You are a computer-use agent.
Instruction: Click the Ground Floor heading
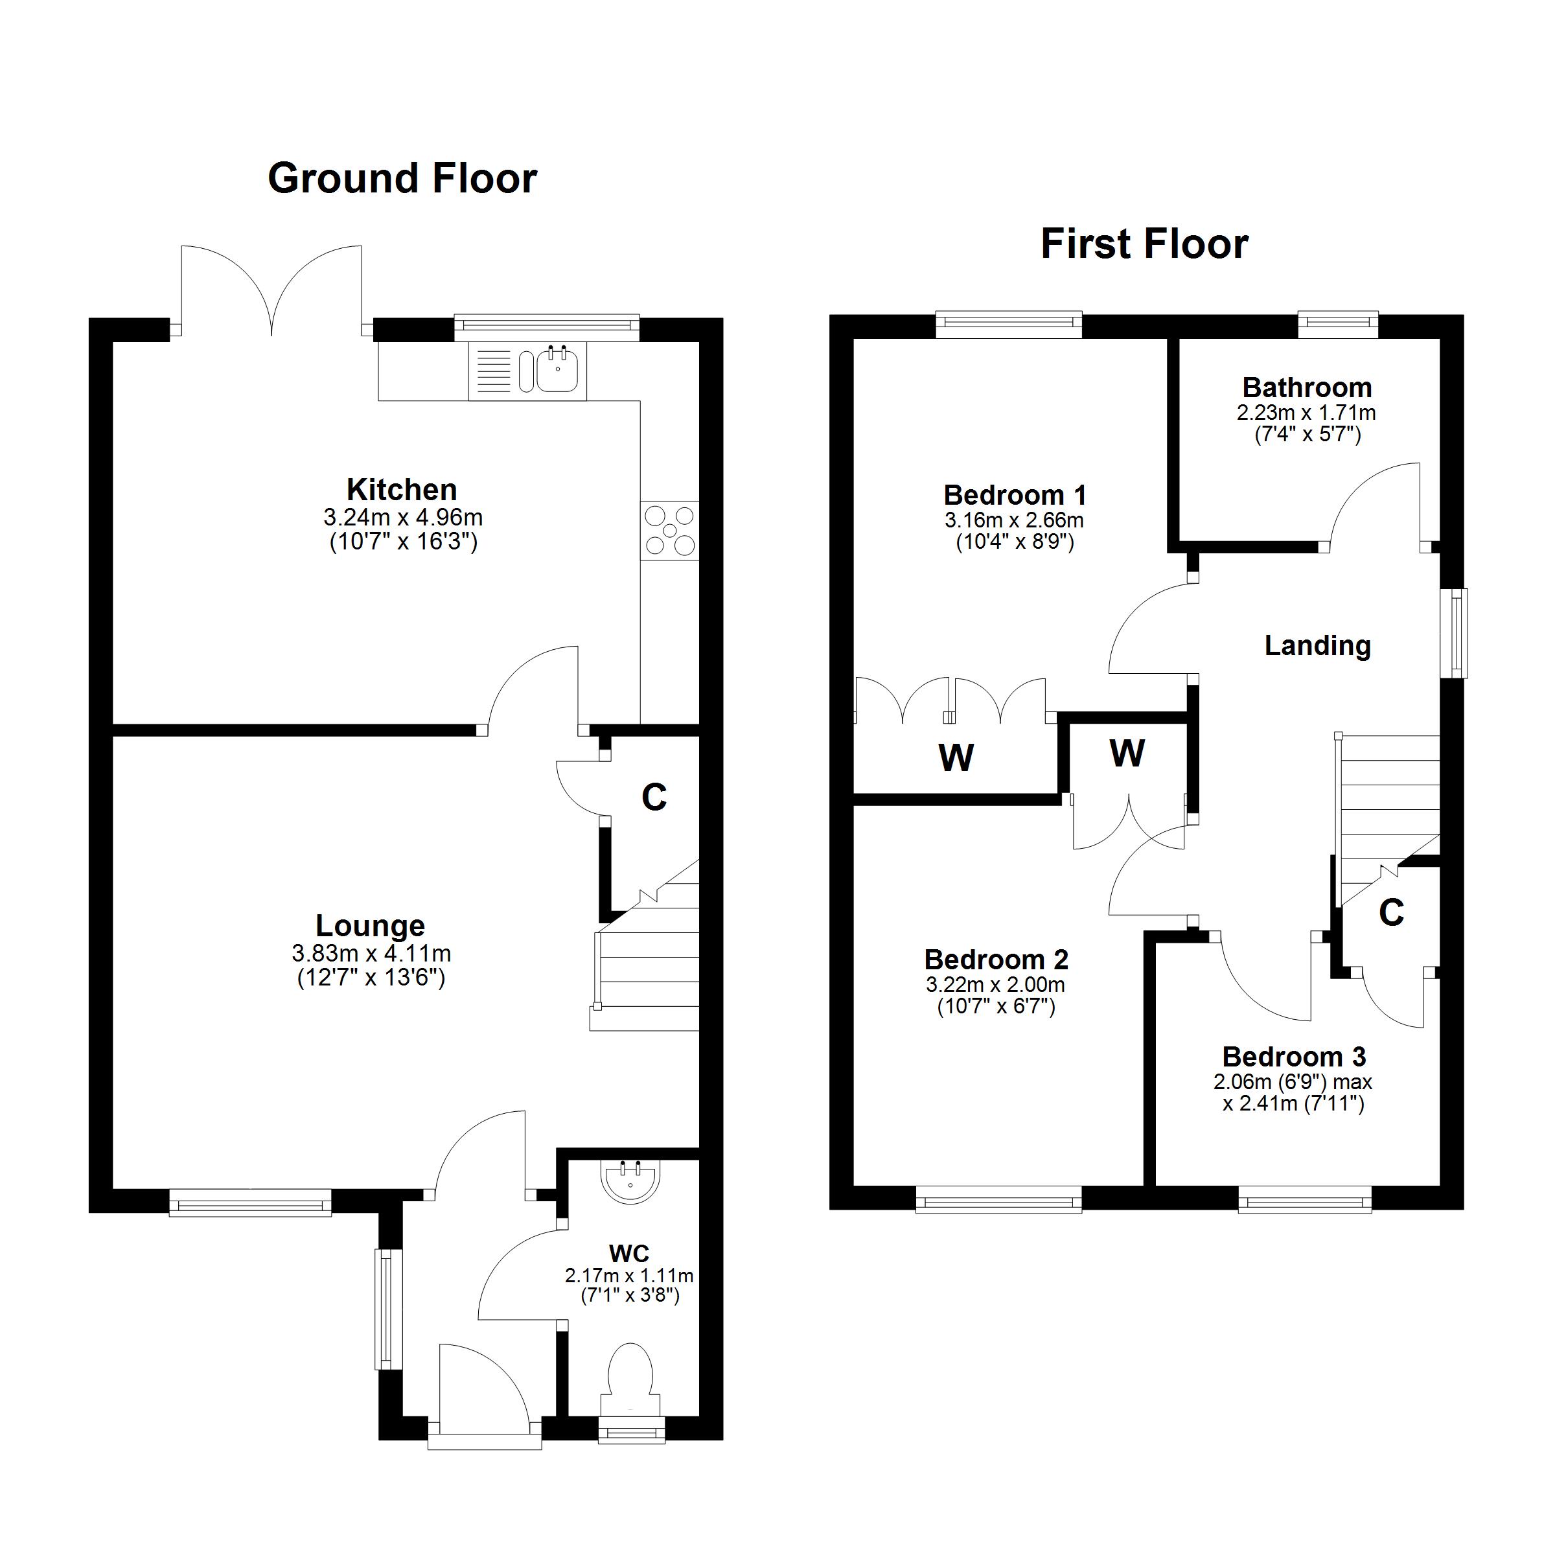point(402,179)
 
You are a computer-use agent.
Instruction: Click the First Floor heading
point(1144,244)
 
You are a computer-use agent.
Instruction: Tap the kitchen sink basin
point(557,372)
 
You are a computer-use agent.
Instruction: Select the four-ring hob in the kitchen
point(670,531)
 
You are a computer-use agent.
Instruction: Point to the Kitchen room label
point(402,489)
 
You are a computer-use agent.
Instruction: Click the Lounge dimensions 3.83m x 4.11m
point(371,954)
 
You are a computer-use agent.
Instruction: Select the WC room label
point(628,1253)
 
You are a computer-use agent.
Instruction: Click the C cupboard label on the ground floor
point(654,798)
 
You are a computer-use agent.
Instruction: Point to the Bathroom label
point(1306,387)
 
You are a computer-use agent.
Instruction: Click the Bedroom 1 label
point(1014,494)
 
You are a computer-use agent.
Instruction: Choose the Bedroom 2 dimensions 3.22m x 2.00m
point(996,984)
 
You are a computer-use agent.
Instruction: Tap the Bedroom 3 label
point(1293,1056)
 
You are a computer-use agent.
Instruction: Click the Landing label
point(1318,645)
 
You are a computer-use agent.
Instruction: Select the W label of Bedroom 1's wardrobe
point(956,757)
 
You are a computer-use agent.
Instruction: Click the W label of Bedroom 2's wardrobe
point(1126,754)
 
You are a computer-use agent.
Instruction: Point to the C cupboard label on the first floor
point(1391,913)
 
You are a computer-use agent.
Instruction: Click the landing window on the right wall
point(1456,634)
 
